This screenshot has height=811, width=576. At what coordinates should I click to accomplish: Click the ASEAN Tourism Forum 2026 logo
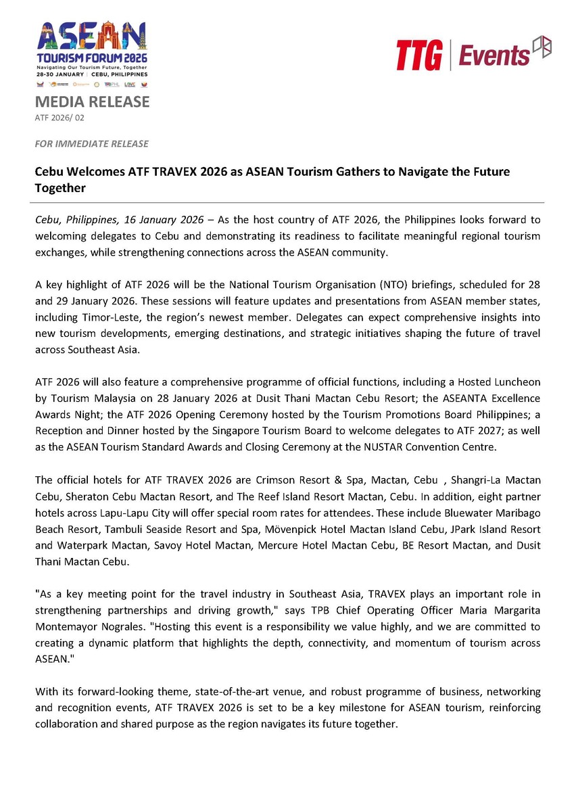coord(92,54)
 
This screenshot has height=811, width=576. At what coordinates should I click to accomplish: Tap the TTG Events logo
coord(473,53)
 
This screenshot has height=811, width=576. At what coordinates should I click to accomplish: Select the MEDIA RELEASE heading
coord(92,102)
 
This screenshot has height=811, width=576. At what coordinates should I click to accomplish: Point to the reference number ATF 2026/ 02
coord(59,118)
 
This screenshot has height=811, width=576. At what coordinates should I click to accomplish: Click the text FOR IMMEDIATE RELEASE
coord(91,144)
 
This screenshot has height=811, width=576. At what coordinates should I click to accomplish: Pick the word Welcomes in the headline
coord(97,172)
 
